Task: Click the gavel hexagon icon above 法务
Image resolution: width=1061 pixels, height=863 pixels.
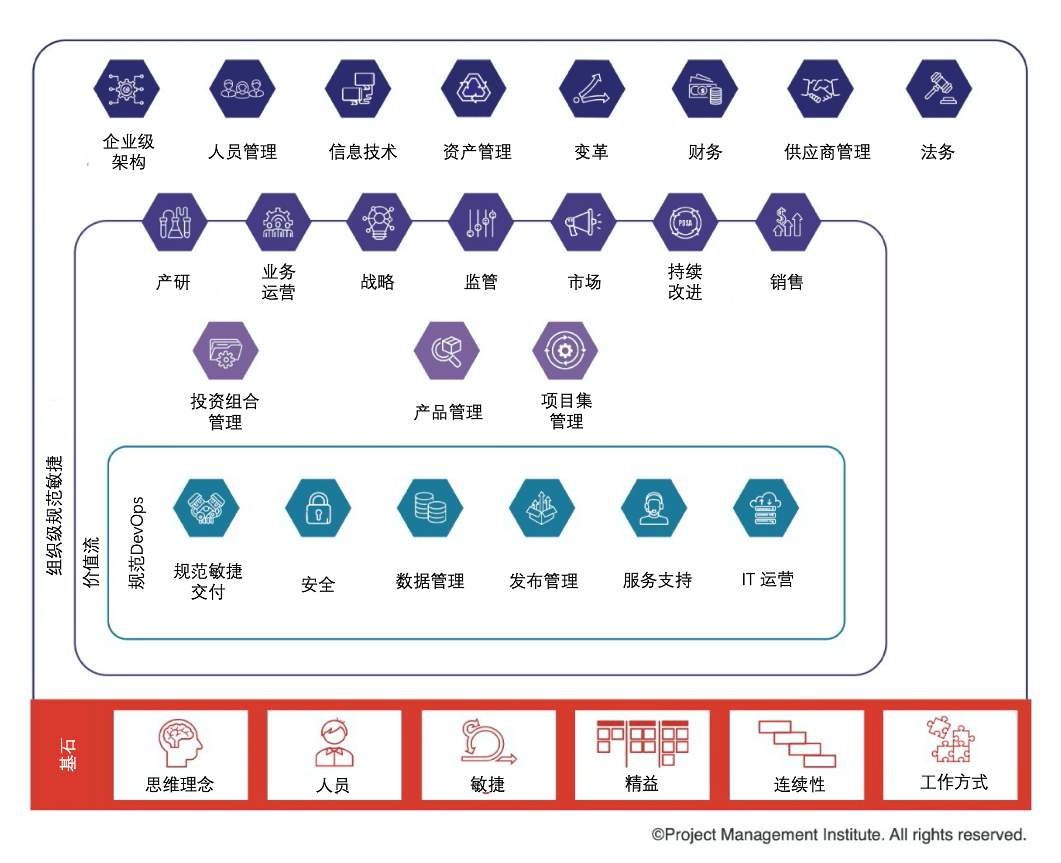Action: [x=938, y=89]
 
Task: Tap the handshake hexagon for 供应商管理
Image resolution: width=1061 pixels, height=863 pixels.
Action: [x=820, y=89]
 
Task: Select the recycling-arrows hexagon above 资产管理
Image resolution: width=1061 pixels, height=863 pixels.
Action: [x=473, y=89]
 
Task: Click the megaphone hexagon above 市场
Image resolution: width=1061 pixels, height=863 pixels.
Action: [x=584, y=222]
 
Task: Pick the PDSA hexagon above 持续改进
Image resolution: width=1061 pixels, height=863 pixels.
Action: [x=685, y=222]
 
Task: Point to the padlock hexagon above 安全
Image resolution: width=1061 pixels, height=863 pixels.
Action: [x=318, y=508]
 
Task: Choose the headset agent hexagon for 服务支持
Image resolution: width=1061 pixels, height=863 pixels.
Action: [x=654, y=508]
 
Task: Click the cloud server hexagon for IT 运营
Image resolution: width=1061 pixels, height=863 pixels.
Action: [x=766, y=508]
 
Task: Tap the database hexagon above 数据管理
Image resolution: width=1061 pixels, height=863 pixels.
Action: [x=430, y=508]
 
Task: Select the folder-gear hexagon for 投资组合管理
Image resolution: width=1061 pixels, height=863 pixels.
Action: [x=226, y=351]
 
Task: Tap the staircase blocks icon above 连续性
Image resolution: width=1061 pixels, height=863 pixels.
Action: [x=797, y=744]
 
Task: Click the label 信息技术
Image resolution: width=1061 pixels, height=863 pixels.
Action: [x=363, y=151]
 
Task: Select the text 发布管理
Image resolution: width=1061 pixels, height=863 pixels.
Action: [x=543, y=580]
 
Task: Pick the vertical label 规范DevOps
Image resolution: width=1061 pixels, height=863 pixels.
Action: [x=137, y=543]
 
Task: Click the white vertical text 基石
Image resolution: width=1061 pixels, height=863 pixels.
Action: [x=67, y=755]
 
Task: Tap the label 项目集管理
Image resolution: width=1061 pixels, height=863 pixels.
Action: [x=566, y=411]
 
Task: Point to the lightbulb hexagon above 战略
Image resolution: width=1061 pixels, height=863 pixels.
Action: [x=379, y=222]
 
